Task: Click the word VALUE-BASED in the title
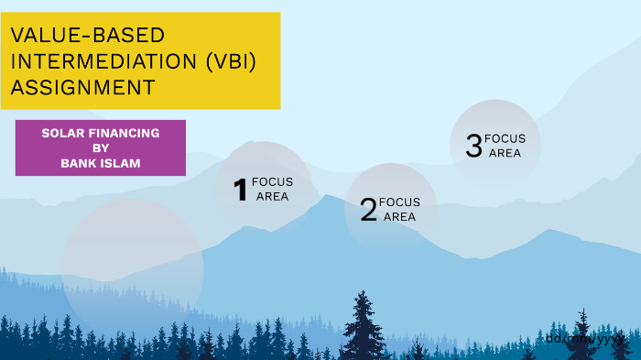tap(88, 36)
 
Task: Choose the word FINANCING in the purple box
tap(124, 134)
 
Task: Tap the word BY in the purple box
tap(101, 148)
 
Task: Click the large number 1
tap(241, 190)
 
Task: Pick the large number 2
tap(368, 210)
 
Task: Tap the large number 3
tap(473, 146)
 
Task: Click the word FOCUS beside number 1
tap(272, 182)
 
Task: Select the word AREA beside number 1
tap(272, 196)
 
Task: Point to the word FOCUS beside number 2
tap(399, 202)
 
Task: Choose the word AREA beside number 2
tap(399, 217)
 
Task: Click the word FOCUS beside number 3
tap(505, 139)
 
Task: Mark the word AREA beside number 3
tap(505, 153)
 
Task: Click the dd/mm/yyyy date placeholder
tap(584, 338)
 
